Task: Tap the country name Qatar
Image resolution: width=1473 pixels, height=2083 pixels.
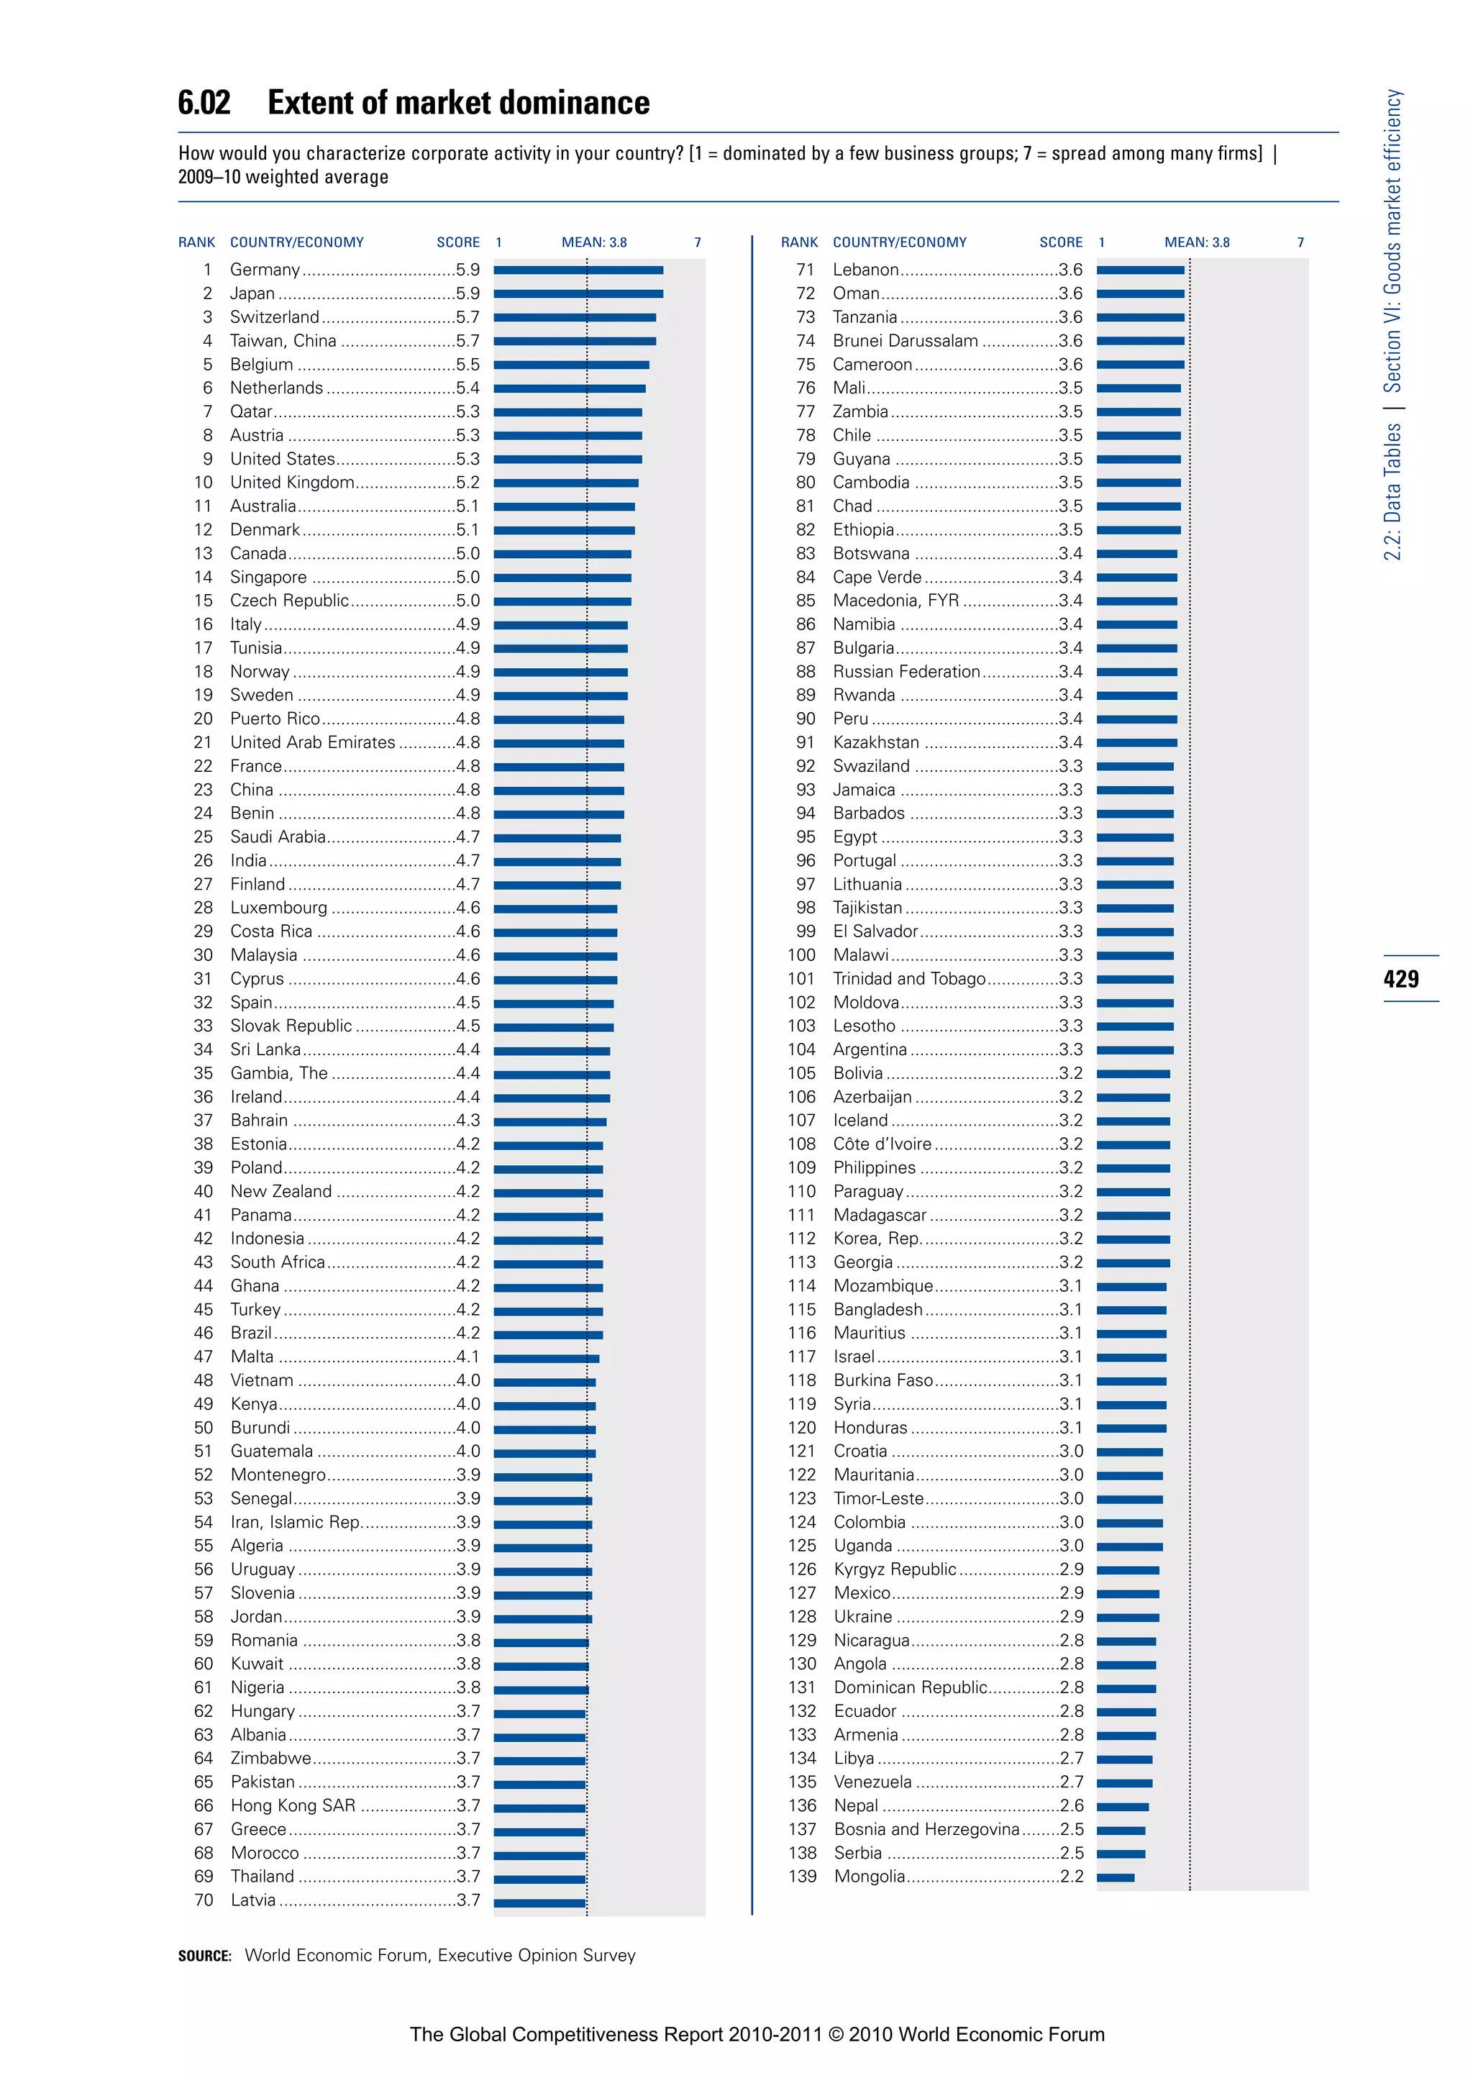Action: point(250,412)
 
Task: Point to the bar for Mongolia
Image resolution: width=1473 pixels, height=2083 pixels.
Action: point(1115,1877)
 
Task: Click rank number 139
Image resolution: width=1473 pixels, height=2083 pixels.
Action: point(802,1876)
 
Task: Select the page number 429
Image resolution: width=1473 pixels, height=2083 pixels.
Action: point(1401,979)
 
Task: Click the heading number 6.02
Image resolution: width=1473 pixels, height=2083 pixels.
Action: point(204,103)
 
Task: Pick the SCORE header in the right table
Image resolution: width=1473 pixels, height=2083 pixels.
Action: point(1060,242)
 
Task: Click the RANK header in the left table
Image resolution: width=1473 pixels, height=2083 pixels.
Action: point(197,242)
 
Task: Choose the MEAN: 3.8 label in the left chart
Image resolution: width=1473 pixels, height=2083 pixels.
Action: point(594,242)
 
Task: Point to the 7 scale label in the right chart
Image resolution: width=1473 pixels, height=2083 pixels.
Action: point(1300,242)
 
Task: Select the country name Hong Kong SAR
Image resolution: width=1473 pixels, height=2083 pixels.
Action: point(292,1805)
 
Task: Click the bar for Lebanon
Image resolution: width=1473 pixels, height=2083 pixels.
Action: point(1140,270)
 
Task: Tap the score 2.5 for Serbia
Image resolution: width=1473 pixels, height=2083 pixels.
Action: point(1071,1853)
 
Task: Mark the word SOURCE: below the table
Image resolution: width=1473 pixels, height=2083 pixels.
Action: point(205,1956)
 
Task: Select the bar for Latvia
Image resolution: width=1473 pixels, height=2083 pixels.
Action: point(539,1900)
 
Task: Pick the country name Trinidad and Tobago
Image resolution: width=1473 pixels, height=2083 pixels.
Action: point(909,979)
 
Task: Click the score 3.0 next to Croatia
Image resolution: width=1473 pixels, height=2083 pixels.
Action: point(1071,1451)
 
